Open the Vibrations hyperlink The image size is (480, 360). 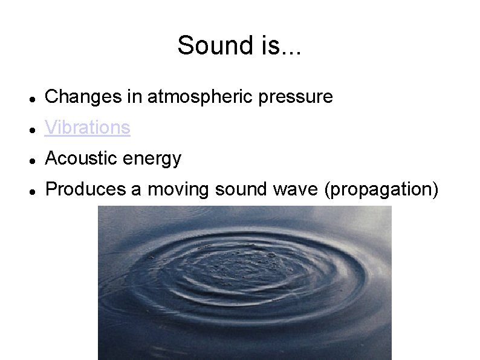click(x=88, y=128)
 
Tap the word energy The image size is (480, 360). click(x=152, y=159)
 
